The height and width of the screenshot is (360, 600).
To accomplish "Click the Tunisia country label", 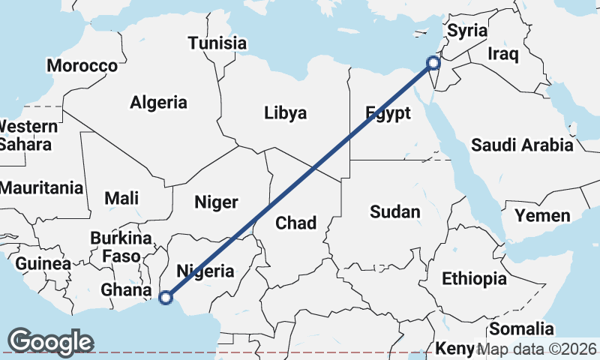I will click(217, 43).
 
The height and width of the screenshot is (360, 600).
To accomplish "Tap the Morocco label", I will click(82, 66).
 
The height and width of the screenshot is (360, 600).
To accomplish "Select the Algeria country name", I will click(158, 102).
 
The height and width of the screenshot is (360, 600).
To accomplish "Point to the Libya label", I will click(285, 113).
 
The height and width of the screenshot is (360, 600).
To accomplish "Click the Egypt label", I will click(388, 113).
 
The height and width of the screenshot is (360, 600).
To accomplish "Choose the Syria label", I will click(467, 31).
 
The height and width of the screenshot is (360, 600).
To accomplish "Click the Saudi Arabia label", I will click(522, 145).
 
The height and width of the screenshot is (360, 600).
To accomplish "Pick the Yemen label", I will click(542, 216).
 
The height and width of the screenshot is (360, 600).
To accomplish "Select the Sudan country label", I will click(395, 212).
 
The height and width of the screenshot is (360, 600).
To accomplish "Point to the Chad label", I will click(296, 223).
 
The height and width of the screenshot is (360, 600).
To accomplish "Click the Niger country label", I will click(216, 202).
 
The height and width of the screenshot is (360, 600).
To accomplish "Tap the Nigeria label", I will click(204, 271).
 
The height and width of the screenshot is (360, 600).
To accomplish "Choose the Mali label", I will click(121, 198).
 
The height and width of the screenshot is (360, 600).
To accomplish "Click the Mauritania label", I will click(41, 188).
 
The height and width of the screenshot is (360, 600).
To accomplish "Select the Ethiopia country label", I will click(474, 279).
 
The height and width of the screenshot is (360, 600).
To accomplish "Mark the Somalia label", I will click(521, 328).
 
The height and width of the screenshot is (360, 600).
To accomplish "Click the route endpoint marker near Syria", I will click(433, 63).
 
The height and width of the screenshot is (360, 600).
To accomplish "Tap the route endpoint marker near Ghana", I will click(166, 298).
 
